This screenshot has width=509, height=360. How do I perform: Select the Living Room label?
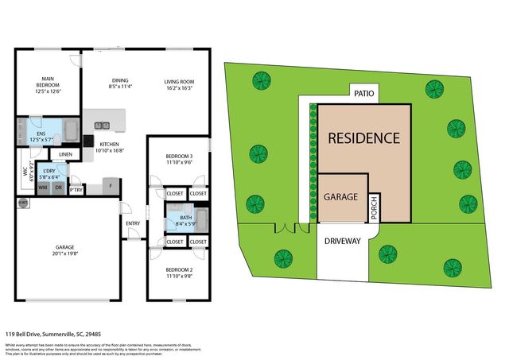(180, 82)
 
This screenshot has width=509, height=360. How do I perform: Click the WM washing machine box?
(43, 187)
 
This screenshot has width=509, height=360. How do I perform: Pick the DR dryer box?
(58, 187)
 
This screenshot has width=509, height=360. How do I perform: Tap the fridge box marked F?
(110, 188)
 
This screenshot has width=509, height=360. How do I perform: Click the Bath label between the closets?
(185, 217)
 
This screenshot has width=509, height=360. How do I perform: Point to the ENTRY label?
(132, 223)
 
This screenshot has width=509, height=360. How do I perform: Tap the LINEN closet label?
(65, 154)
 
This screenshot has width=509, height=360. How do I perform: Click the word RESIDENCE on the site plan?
(365, 137)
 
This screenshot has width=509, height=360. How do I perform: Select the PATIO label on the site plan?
(364, 94)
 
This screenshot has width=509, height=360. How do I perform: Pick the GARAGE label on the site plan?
(340, 197)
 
